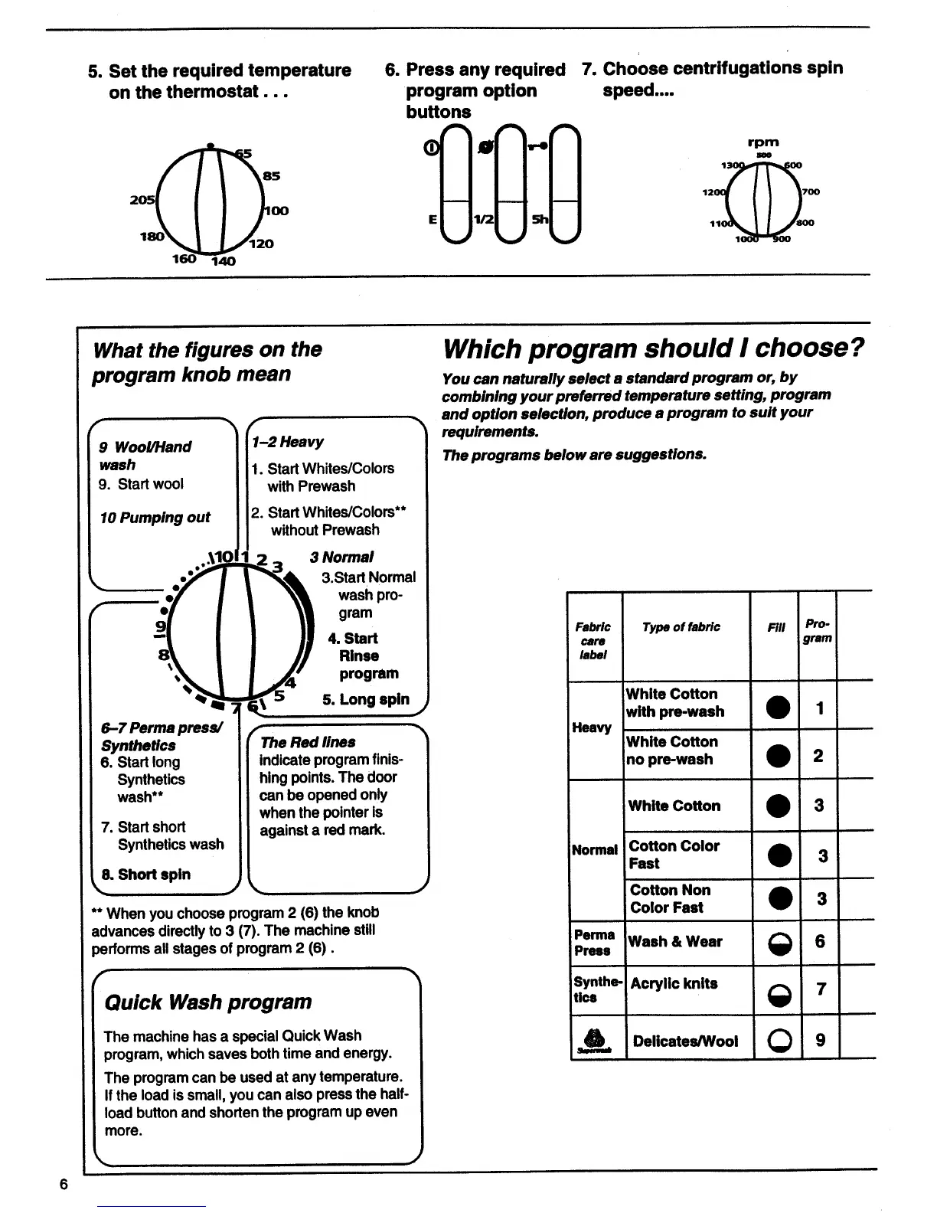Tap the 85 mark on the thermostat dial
coord(272,175)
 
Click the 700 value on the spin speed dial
coord(810,191)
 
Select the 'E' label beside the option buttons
coord(433,219)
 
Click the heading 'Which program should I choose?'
coord(653,348)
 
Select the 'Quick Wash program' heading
coord(207,1002)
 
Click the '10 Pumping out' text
coord(155,517)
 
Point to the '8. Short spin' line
coord(145,874)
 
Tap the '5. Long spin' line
coord(366,699)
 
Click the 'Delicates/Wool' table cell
coord(685,1041)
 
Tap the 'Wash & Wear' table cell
coord(676,941)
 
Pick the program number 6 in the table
coord(820,941)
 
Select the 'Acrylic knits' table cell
coord(674,983)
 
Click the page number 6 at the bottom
coord(64,1184)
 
